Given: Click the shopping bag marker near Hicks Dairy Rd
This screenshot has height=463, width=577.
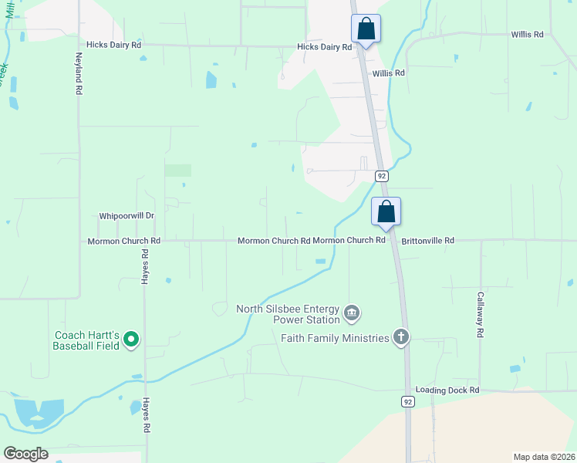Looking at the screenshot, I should click(366, 29).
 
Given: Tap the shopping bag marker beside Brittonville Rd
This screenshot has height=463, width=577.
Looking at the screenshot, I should click(386, 211).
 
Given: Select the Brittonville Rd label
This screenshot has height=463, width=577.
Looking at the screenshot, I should click(427, 241).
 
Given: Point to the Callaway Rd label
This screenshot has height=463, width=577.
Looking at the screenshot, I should click(480, 314).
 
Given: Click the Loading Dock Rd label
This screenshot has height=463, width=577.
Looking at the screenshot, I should click(447, 390).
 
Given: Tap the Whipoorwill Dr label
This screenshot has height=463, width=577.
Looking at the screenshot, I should click(127, 217).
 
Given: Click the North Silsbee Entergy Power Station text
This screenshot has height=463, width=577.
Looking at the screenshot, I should click(288, 314).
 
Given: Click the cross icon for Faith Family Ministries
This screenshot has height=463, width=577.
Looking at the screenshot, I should click(400, 336).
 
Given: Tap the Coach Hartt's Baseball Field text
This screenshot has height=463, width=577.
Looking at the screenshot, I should click(86, 340).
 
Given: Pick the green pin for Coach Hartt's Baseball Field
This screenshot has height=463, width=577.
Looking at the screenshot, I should click(130, 338).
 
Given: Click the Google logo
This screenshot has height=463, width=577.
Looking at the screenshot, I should click(25, 454).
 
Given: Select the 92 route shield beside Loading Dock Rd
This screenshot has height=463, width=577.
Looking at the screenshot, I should click(407, 401).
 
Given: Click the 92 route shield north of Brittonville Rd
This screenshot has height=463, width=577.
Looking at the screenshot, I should click(381, 176).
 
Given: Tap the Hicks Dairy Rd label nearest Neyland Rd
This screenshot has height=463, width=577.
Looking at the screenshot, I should click(114, 46).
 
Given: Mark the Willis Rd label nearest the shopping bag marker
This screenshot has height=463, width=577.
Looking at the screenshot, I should click(389, 73).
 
